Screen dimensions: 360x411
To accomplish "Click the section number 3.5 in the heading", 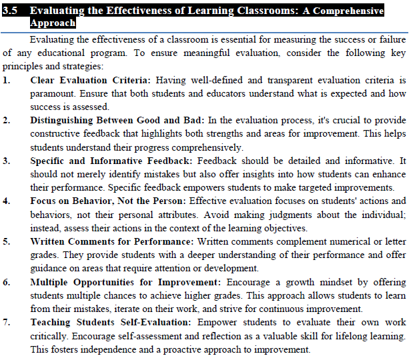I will point(11,11).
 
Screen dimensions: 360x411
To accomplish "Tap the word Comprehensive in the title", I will point(347,11).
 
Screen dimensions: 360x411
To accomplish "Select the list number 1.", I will point(7,80).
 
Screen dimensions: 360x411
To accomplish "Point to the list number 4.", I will point(7,201).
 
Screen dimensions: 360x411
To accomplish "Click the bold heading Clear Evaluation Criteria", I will point(89,80).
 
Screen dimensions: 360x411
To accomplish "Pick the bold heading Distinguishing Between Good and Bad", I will point(117,121).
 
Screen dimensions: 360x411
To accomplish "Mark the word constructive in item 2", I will point(57,135).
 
